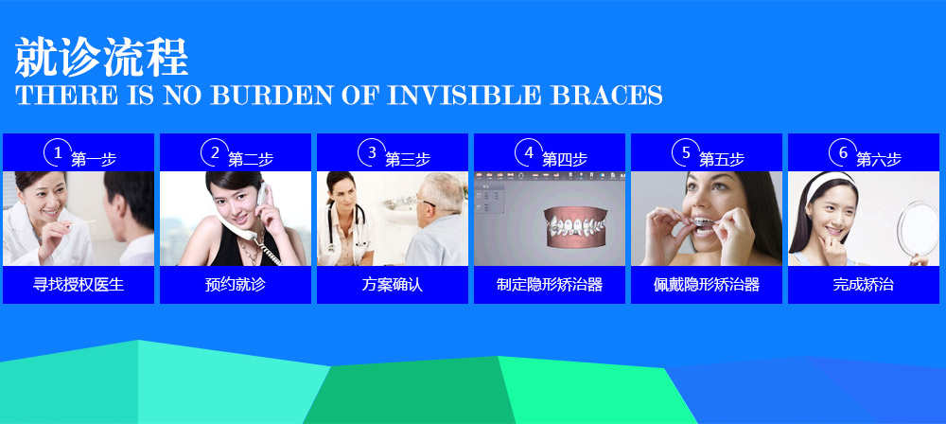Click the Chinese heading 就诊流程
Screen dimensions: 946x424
point(101,57)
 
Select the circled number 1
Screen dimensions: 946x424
point(58,152)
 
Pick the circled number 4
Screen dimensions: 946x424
point(529,152)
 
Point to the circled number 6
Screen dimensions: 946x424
point(843,152)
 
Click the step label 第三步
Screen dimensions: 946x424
point(408,159)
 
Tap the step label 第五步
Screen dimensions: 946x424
point(722,159)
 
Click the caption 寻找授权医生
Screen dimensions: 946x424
point(79,285)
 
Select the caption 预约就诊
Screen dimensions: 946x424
point(236,285)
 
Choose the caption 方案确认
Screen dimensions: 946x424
point(393,285)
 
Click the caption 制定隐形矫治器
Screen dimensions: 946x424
point(550,285)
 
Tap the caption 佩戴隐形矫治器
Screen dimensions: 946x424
point(707,285)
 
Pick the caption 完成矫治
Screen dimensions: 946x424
point(864,285)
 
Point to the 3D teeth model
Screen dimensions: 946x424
point(575,226)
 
